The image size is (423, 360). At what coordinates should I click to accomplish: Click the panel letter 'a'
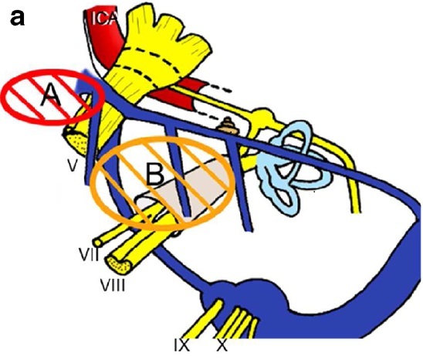17,19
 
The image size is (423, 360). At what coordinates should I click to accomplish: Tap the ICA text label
104,19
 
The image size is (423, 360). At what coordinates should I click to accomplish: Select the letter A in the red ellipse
51,94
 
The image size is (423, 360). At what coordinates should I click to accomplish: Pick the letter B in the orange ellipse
155,175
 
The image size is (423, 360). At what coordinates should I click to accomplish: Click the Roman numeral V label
73,165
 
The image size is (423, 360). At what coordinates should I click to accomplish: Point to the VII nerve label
89,254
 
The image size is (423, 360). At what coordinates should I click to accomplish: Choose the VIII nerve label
113,285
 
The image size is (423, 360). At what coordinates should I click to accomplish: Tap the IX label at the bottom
182,346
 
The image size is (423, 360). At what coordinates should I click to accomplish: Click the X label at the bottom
222,346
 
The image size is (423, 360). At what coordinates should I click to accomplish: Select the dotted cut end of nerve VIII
118,264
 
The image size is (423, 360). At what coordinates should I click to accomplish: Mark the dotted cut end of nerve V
76,141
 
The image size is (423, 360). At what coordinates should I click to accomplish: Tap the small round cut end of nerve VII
97,242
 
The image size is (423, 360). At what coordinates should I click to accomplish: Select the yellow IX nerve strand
205,320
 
